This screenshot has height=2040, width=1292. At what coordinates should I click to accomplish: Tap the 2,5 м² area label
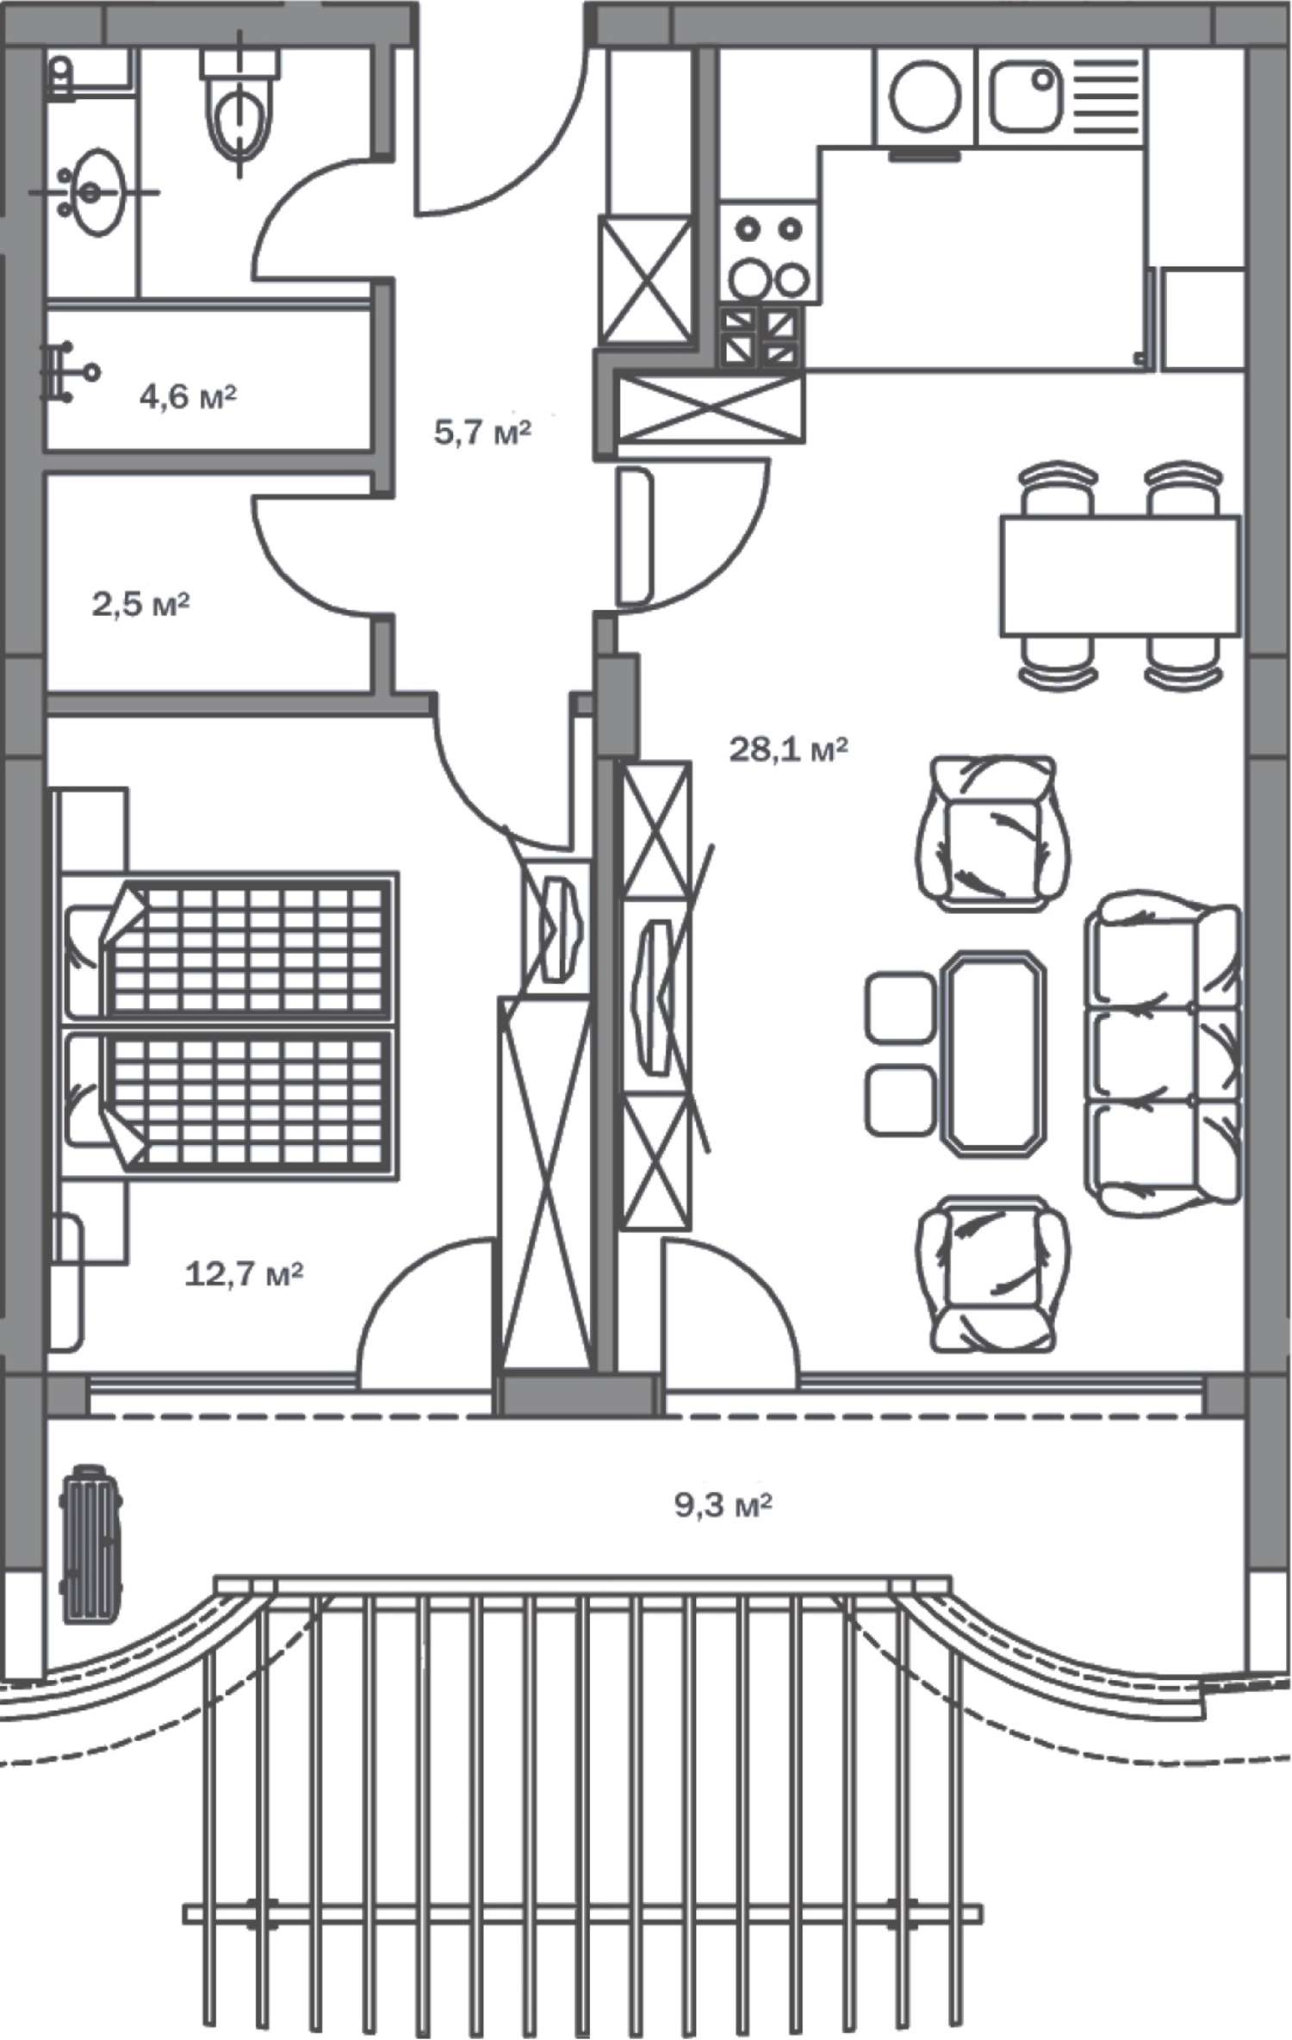coord(140,604)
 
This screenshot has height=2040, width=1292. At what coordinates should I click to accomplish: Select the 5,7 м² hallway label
coord(482,432)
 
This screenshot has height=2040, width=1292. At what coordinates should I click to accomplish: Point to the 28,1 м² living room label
coord(789,749)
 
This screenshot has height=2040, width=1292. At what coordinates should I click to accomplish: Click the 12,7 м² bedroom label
coord(244,1272)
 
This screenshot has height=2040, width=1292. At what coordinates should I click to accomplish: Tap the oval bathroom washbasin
coord(94,191)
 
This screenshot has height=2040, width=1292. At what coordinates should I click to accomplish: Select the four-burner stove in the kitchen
coord(767,252)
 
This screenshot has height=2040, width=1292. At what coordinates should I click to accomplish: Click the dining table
coord(1120,575)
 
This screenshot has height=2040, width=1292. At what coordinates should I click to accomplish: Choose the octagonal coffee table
coord(997,1050)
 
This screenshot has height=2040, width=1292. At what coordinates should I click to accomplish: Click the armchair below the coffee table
coord(993,1272)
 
